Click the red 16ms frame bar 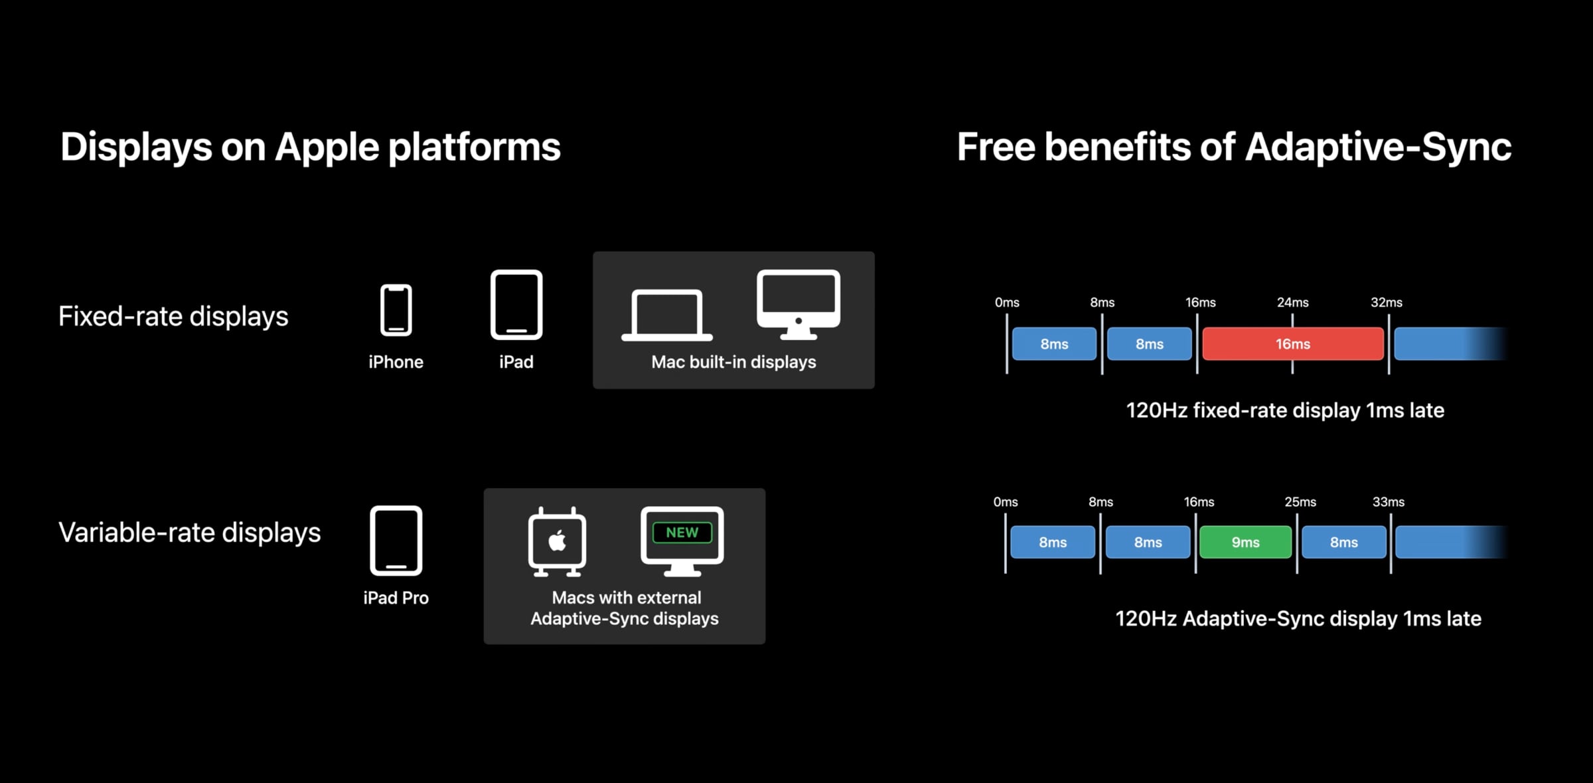1292,344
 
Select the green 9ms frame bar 1245,543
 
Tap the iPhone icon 396,309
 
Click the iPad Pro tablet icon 396,541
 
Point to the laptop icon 666,315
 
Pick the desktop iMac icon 798,304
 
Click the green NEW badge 682,533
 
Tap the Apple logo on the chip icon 557,541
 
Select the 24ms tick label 1292,303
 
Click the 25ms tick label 1300,502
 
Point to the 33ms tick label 1388,502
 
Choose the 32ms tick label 1386,303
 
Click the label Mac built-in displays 733,362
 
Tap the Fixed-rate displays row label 173,316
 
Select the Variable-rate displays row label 189,533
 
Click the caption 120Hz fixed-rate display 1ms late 1284,410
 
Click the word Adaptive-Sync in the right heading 1378,147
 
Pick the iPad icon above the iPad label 516,305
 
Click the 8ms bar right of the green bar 1343,543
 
